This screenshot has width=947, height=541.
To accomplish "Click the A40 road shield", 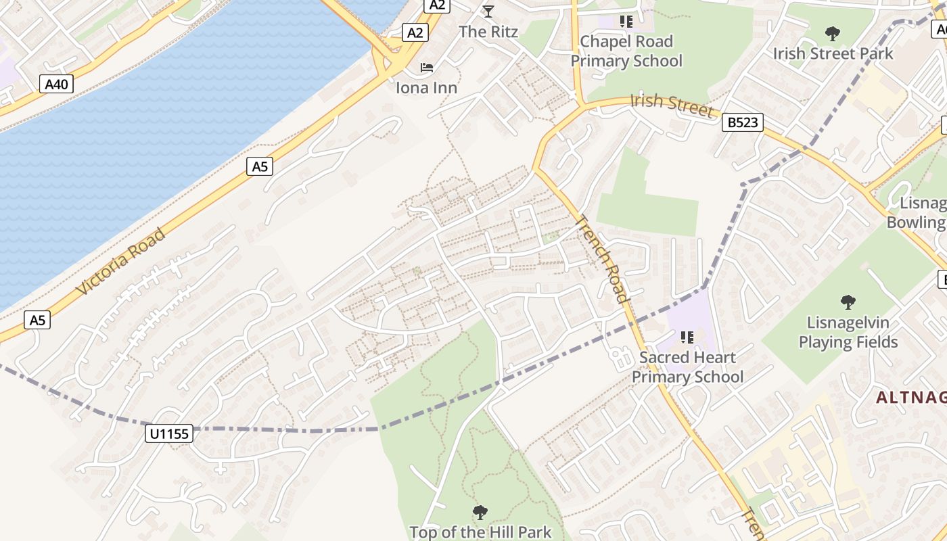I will point(57,84).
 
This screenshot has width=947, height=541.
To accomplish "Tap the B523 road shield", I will point(742,122).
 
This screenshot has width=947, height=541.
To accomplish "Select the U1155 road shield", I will point(169,433).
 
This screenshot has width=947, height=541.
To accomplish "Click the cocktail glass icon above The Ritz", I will point(488,11).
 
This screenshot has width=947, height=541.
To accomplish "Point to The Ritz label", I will point(488,32).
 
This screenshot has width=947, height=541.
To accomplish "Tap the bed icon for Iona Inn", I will point(427,68).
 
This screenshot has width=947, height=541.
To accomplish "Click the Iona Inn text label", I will point(427,88).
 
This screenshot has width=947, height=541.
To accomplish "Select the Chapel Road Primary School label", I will point(626,51).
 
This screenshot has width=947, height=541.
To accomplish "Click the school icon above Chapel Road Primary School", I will point(626,22).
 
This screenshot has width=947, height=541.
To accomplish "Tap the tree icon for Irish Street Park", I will point(833,33).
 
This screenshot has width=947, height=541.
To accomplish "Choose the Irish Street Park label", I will point(833,53).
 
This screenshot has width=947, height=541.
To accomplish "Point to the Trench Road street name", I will point(602,259).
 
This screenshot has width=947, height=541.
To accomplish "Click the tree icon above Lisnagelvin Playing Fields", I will point(848,302).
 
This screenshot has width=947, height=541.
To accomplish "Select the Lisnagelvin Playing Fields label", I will point(848,332).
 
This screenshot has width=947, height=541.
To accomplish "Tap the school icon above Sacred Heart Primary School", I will point(687,337).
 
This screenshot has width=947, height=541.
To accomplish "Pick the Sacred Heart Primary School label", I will point(687,367).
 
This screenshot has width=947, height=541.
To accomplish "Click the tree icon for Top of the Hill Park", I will point(480,512).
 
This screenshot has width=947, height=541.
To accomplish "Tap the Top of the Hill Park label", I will point(480,532).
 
